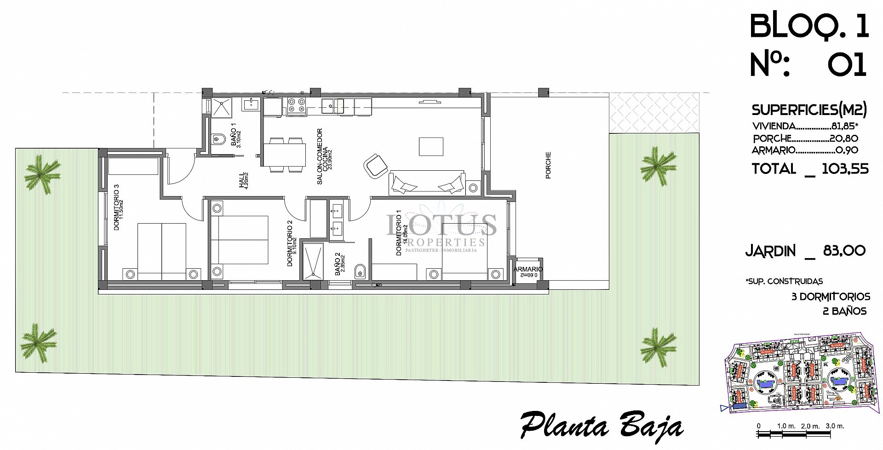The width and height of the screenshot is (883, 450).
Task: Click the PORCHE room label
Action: point(548,165)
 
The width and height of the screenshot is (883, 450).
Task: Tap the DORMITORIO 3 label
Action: point(116,207)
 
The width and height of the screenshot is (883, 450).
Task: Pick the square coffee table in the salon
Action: point(431,147)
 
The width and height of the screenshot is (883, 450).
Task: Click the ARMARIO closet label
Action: point(528,269)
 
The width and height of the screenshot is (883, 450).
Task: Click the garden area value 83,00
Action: point(844,251)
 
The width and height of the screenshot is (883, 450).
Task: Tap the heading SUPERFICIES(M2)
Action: point(809,110)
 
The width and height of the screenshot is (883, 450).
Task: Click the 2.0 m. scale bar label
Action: point(810,426)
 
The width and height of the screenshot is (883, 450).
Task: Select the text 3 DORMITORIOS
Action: point(831,297)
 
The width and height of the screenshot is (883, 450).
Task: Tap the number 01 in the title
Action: point(847,65)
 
